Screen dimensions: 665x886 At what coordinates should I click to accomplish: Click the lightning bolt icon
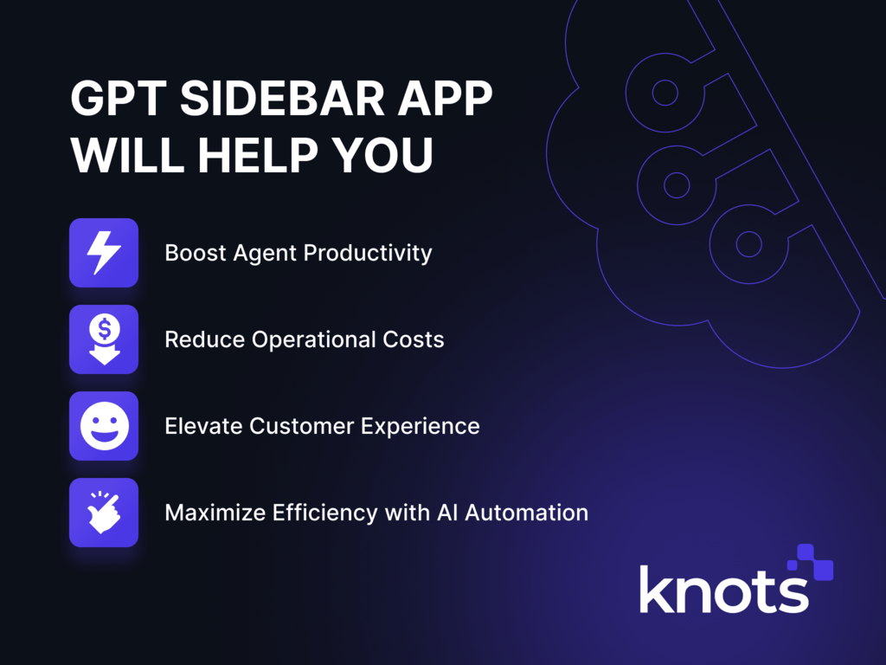(x=104, y=253)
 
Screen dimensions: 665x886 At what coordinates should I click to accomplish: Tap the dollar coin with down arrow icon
(x=104, y=339)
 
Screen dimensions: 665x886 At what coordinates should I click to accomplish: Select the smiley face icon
(x=104, y=426)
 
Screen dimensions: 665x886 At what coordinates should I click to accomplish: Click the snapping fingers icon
(x=104, y=513)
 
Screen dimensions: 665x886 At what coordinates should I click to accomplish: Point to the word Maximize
(x=215, y=513)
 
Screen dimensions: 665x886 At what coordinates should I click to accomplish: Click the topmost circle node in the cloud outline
(x=664, y=92)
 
